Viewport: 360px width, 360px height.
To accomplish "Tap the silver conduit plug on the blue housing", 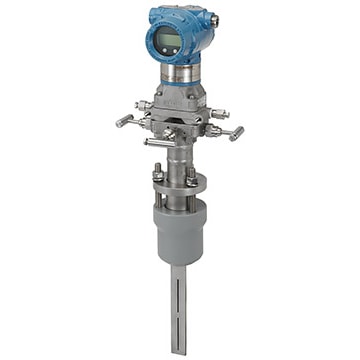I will tap(214, 21).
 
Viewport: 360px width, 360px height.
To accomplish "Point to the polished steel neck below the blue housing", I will tap(182, 73).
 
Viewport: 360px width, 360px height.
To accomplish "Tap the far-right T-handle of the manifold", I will tap(236, 131).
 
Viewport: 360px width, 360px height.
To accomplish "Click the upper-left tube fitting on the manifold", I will tap(145, 104).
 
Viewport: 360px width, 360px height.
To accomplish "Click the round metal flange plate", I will tap(176, 188).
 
